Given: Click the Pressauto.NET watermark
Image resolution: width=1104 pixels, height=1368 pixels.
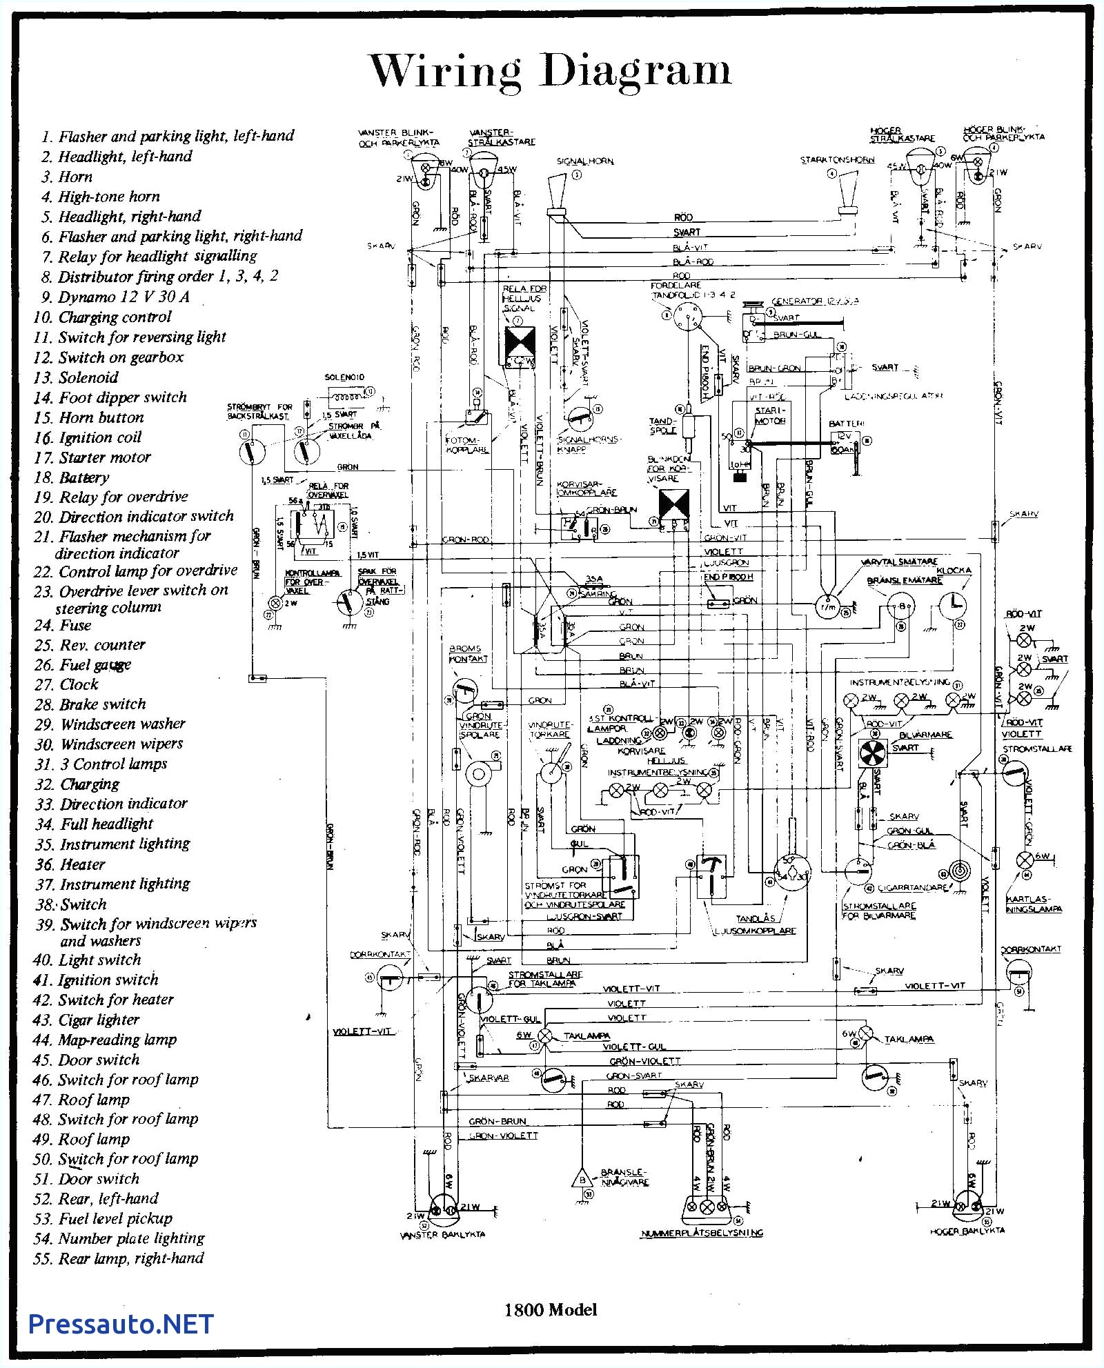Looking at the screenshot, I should coord(121,1324).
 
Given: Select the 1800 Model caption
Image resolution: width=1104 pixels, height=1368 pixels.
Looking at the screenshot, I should coord(550,1309).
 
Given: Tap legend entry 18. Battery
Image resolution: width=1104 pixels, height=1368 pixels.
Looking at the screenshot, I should coord(72,477).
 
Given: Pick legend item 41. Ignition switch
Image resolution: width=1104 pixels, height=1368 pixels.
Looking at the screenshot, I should coord(96,980).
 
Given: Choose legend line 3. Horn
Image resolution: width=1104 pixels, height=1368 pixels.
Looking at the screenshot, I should coord(67,177).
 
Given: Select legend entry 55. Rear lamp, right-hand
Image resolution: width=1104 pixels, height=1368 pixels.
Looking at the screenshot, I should coord(119,1258).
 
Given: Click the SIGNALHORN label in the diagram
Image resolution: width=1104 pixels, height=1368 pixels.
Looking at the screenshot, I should coord(585,161).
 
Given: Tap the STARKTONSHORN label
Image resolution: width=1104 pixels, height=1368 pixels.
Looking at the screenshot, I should coord(837,160).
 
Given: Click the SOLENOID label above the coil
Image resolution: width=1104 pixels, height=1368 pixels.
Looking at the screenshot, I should coord(344,377).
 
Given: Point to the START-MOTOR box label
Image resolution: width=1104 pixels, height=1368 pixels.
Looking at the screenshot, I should coord(770,415).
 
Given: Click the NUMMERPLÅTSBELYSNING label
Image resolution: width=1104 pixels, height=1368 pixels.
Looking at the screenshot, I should coord(702,1233).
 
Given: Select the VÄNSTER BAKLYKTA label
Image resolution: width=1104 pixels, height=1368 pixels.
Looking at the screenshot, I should coord(442,1234).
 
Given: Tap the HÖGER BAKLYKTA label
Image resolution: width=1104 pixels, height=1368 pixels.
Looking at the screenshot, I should coord(967,1231).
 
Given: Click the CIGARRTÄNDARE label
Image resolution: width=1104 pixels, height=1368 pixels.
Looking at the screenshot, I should coord(912,888).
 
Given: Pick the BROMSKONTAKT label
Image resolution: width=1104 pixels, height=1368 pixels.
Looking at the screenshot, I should coord(468,653).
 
